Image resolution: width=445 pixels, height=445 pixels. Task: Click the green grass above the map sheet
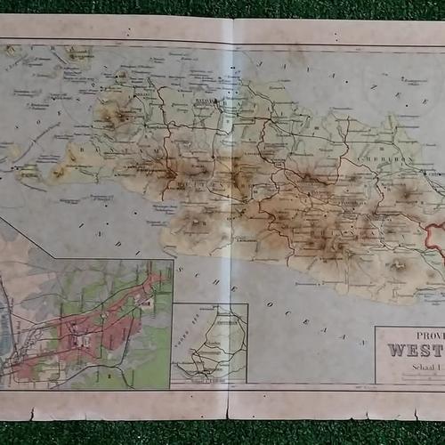[222, 7]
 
